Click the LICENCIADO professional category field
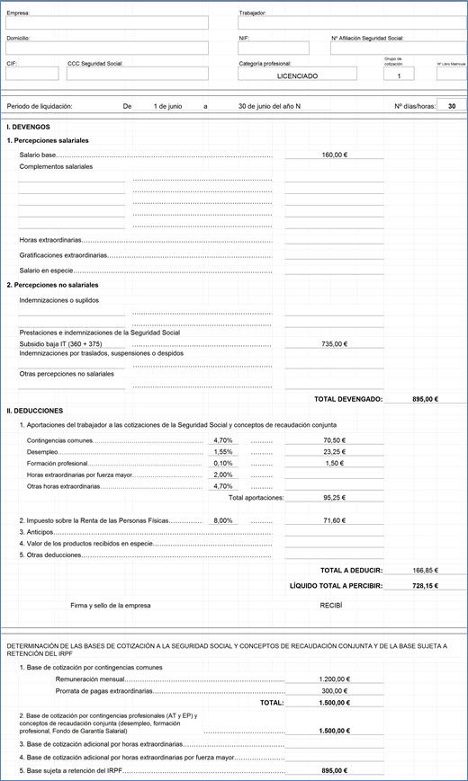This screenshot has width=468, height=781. (x=297, y=76)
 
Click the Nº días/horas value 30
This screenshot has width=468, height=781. (x=451, y=106)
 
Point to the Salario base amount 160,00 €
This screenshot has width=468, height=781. (x=334, y=155)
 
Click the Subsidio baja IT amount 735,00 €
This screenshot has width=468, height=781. (x=334, y=344)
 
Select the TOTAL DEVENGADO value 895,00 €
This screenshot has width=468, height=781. (x=424, y=398)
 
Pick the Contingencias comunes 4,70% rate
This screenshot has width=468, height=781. (x=222, y=440)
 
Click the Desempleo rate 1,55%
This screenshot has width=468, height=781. (x=222, y=451)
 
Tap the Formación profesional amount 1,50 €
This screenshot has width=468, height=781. (x=334, y=463)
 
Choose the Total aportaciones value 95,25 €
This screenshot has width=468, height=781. (x=334, y=497)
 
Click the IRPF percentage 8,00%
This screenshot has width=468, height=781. (x=222, y=520)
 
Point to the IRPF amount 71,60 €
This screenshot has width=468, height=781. (x=334, y=520)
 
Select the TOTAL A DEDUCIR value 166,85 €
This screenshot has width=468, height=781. (x=424, y=570)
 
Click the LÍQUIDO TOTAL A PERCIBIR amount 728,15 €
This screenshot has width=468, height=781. (x=424, y=585)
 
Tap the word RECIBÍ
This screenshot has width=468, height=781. (x=331, y=606)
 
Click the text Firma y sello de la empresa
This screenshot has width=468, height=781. (x=111, y=606)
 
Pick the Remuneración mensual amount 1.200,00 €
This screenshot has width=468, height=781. (x=334, y=679)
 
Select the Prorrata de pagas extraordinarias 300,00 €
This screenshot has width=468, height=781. (x=334, y=691)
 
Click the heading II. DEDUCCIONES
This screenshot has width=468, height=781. (x=34, y=410)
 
